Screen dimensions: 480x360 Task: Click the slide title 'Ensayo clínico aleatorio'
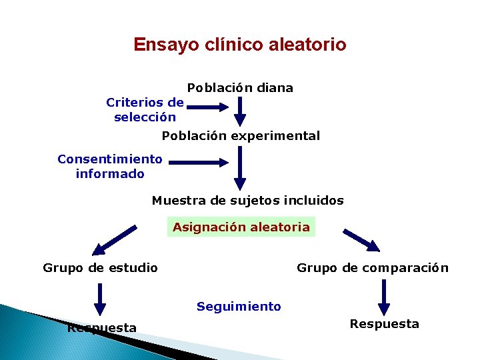pos(239,45)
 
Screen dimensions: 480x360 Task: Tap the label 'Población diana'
pos(240,88)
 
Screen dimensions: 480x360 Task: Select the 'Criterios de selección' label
pos(145,110)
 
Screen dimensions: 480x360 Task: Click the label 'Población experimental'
pos(241,136)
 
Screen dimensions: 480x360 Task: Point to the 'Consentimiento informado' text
pos(110,167)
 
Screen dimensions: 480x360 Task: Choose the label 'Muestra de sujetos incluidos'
pos(248,201)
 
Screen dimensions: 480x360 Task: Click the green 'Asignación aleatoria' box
pos(241,227)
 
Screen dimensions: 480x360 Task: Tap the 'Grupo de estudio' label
pos(100,268)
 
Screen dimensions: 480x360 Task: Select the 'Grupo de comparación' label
pos(373,268)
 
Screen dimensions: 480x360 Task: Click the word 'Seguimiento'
pos(239,307)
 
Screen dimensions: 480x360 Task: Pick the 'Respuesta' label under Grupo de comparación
pos(385,324)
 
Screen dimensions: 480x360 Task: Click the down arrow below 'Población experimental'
pos(240,168)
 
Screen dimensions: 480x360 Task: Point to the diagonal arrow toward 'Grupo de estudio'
pos(114,241)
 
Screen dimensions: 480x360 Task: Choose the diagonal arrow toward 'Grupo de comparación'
pos(361,241)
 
